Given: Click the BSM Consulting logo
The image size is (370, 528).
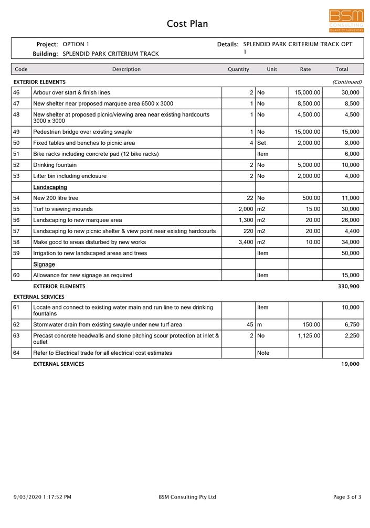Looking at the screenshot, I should click(346, 20).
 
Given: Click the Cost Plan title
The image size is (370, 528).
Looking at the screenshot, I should click(187, 24).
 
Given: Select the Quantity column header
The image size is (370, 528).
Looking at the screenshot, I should click(238, 69).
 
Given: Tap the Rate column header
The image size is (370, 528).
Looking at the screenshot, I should click(305, 69).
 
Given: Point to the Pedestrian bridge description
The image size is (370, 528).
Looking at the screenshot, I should click(82, 132).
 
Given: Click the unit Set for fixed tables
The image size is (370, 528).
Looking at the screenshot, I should click(262, 143).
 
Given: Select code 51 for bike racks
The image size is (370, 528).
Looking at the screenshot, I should click(16, 154).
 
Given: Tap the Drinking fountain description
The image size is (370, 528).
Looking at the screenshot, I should click(55, 165).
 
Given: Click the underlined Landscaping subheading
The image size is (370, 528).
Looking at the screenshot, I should click(50, 187).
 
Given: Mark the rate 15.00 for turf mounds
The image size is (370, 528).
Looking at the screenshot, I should click(313, 209).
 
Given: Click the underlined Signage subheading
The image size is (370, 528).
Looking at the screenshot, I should click(44, 265).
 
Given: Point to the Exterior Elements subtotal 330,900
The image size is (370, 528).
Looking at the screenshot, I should click(348, 287).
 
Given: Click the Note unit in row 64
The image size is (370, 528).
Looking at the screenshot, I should click(263, 353).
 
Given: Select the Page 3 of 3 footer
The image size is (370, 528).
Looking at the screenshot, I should click(347, 497).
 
